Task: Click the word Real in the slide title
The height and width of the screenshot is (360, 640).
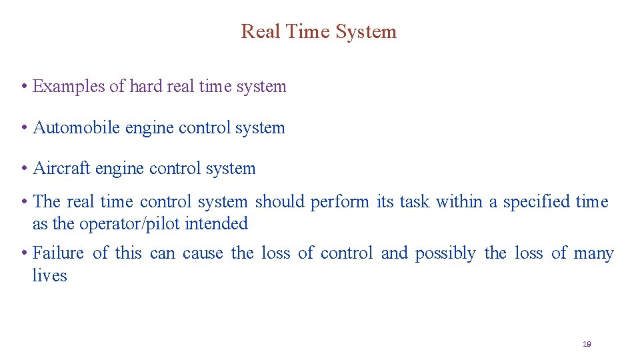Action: (x=257, y=31)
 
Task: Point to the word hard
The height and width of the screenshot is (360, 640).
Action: (x=145, y=87)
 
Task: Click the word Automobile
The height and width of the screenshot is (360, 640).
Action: (x=76, y=128)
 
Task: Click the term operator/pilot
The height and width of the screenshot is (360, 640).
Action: (x=130, y=224)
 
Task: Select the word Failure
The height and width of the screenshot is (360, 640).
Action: (x=58, y=253)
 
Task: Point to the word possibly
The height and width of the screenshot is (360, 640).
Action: (x=445, y=253)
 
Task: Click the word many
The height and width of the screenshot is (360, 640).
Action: (x=593, y=253)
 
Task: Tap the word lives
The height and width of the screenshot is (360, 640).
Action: (x=49, y=276)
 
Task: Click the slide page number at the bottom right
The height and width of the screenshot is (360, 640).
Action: (x=587, y=344)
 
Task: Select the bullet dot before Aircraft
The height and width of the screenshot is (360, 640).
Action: (x=23, y=169)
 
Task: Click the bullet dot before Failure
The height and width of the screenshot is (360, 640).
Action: (x=23, y=253)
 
